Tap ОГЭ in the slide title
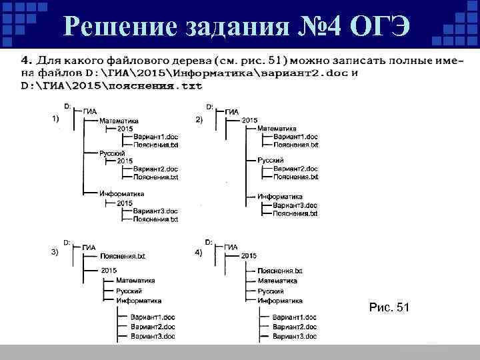384,26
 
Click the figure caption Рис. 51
389,307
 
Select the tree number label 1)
55,118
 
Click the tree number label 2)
198,119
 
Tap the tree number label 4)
198,253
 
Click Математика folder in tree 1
119,121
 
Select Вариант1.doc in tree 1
155,137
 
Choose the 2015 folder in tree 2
249,120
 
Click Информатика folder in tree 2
279,197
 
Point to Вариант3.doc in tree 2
295,205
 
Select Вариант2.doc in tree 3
153,327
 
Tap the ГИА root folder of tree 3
89,247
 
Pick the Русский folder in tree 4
270,291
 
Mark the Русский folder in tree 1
112,153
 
